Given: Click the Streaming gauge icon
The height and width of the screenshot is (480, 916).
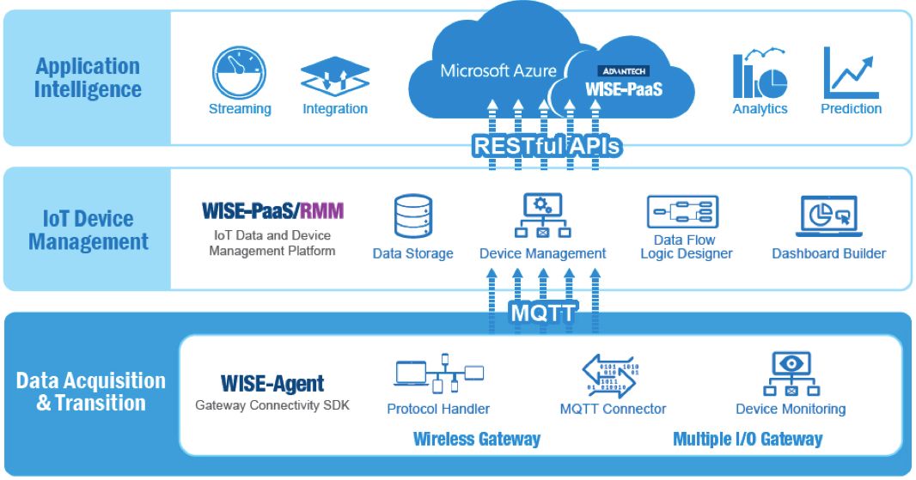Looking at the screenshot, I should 240,74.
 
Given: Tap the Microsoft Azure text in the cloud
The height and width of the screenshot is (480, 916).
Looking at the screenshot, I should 498,70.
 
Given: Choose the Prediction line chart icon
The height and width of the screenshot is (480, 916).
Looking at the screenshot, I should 851,73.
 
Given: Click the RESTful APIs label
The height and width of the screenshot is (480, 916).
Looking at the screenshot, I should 546,146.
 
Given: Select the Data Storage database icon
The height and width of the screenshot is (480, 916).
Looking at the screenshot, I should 412,216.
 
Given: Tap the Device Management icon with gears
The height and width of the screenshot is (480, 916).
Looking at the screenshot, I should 542,216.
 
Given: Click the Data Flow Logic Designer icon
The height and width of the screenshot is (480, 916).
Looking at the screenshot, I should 682,211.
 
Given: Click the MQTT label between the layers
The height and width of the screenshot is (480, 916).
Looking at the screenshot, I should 542,313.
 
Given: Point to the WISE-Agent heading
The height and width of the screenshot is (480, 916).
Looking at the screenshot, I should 272,383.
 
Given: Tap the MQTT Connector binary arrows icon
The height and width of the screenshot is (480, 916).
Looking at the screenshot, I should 612,374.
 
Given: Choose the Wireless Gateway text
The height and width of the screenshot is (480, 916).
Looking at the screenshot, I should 476,439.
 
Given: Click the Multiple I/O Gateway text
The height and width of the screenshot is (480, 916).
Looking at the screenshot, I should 747,439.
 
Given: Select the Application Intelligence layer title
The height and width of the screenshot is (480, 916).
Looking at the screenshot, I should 88,77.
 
